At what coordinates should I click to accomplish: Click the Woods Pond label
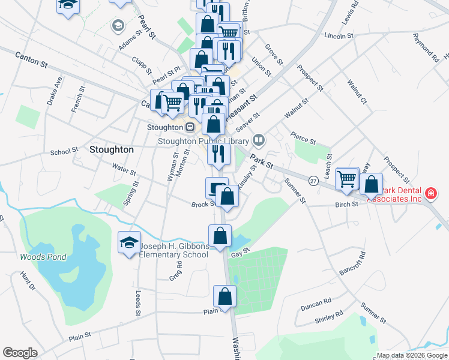pyautogui.click(x=43, y=257)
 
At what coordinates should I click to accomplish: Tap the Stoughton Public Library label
pyautogui.click(x=204, y=141)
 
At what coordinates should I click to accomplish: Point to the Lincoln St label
pyautogui.click(x=338, y=36)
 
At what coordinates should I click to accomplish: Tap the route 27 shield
pyautogui.click(x=313, y=180)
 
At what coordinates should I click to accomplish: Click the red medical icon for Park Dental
pyautogui.click(x=431, y=193)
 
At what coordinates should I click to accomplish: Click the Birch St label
pyautogui.click(x=346, y=204)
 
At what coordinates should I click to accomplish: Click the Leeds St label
pyautogui.click(x=138, y=304)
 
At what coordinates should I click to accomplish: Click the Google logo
pyautogui.click(x=20, y=353)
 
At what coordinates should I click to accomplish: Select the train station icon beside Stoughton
pyautogui.click(x=189, y=127)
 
